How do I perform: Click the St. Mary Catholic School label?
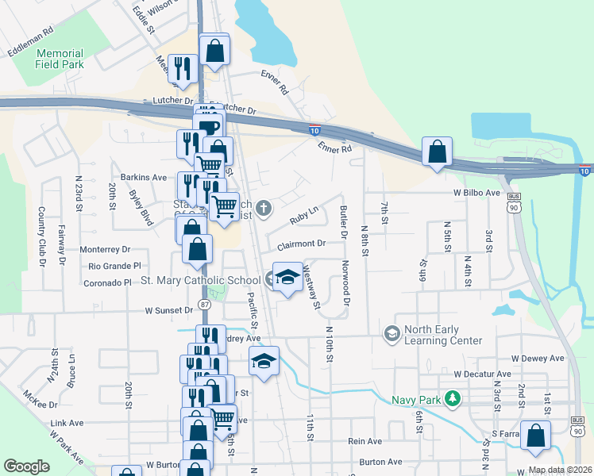click(x=200, y=280)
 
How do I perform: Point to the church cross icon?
click(x=264, y=209)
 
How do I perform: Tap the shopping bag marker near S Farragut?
click(x=537, y=436)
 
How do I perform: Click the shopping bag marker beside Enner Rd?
click(x=437, y=151)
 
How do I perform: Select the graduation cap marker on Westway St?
click(x=287, y=276)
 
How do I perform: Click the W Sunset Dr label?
click(x=168, y=312)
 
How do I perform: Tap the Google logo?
click(x=27, y=466)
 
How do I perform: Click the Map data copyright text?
click(x=559, y=470)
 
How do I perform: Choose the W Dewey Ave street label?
click(x=538, y=358)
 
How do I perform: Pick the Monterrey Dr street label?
click(x=105, y=249)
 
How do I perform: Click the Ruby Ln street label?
click(x=303, y=213)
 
